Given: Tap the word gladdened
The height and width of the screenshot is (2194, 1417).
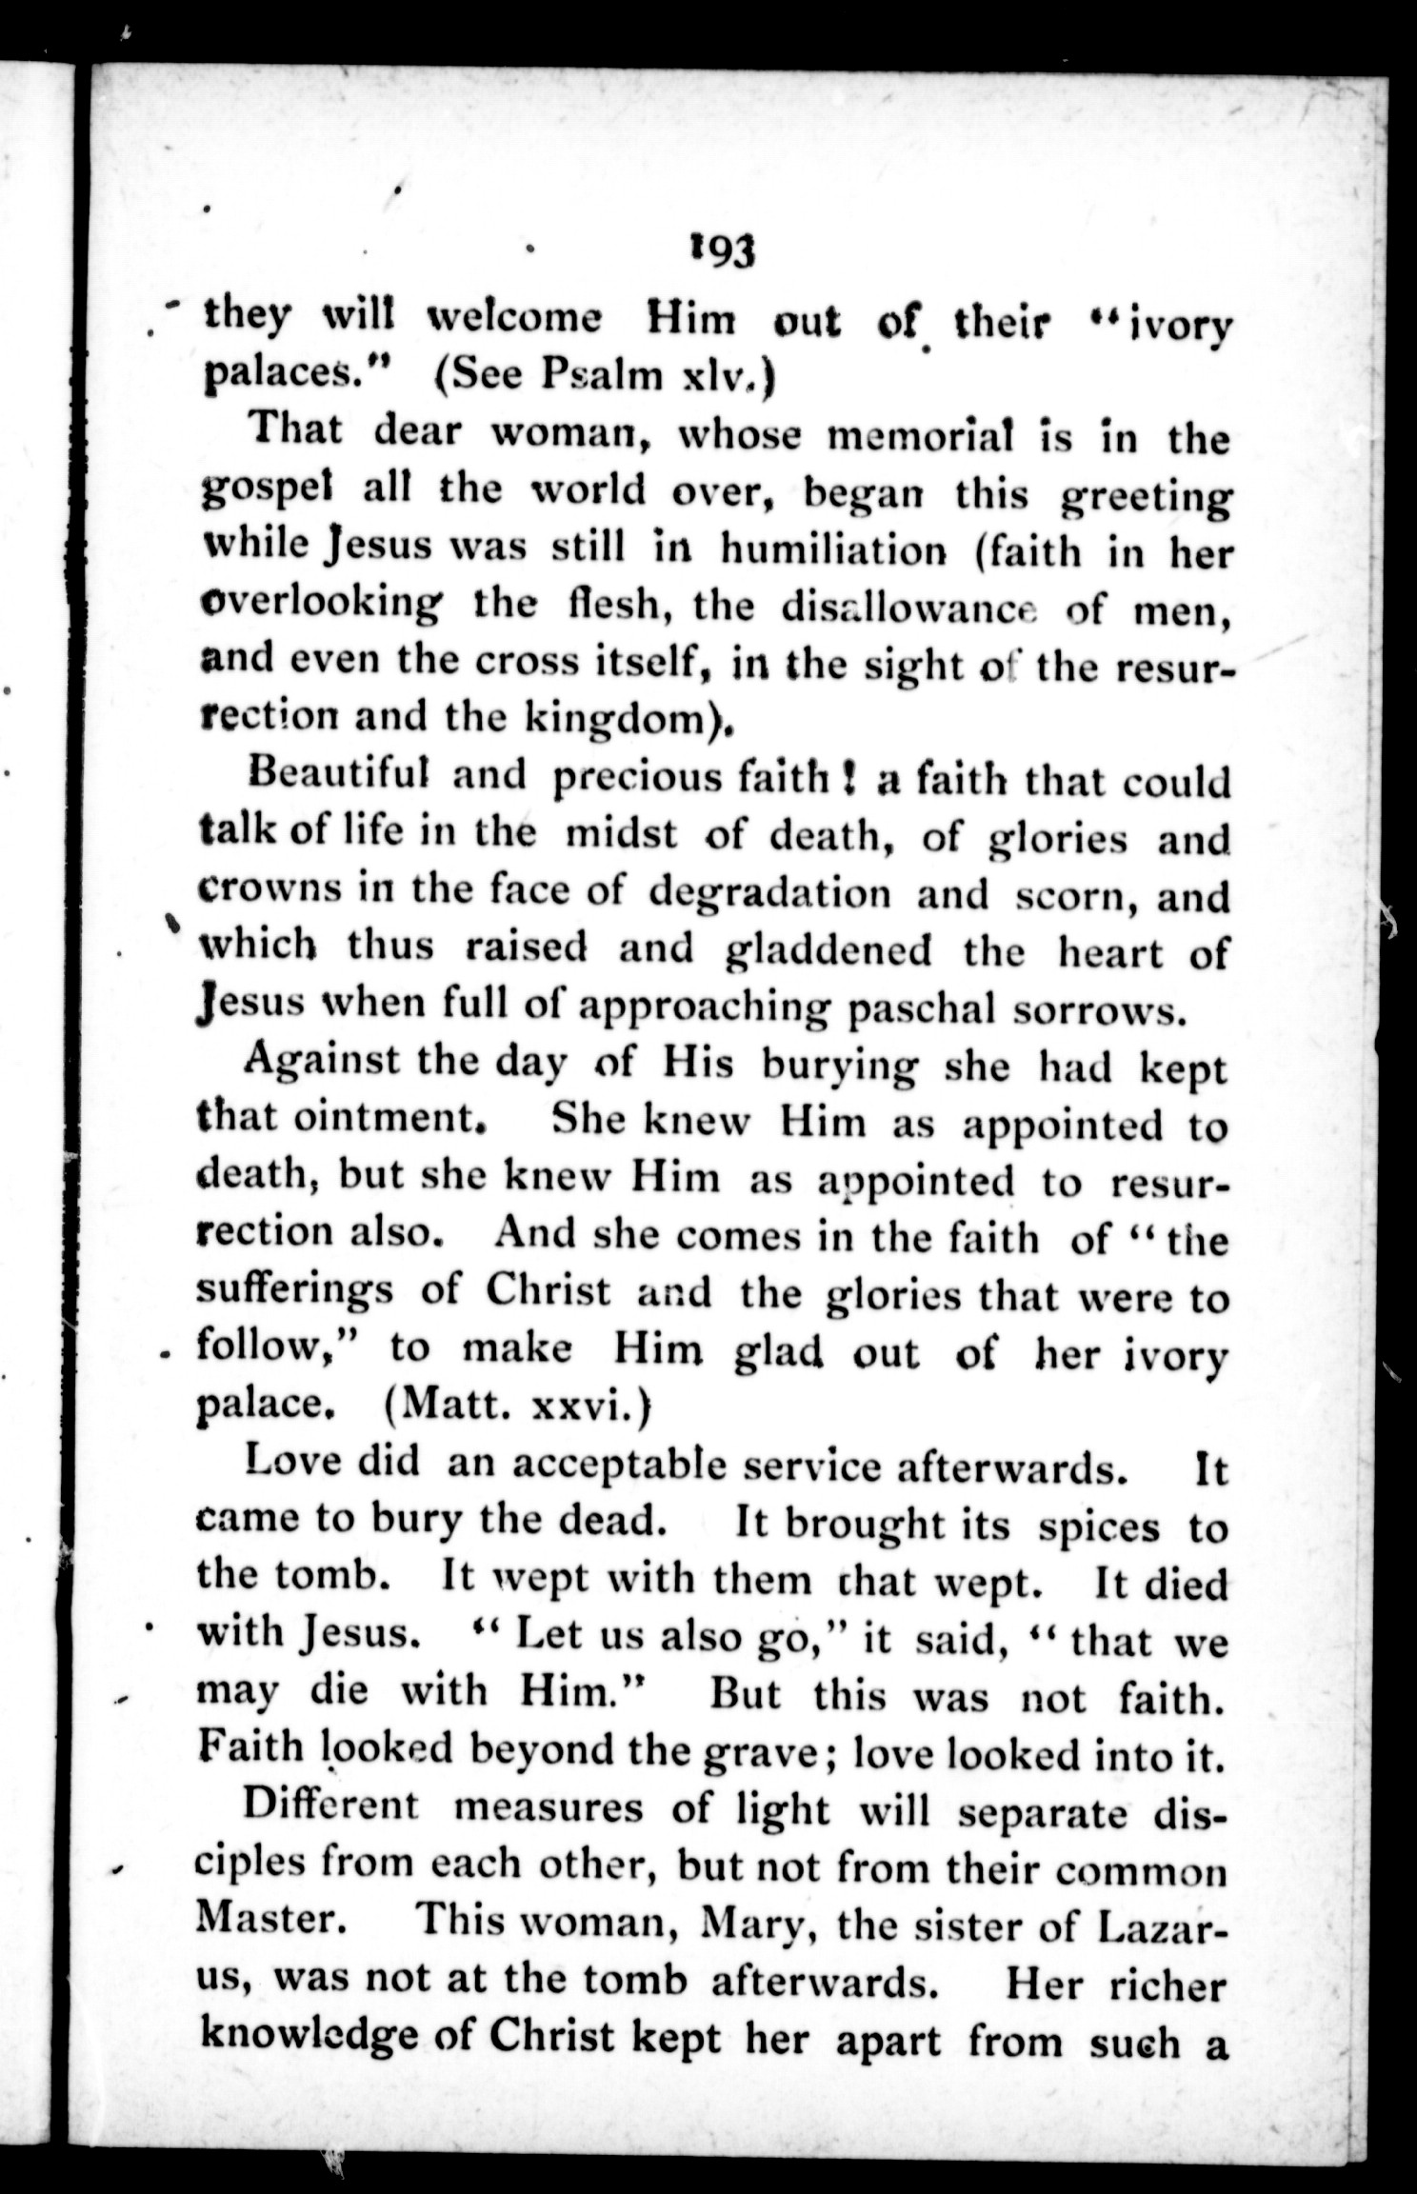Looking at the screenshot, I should (827, 950).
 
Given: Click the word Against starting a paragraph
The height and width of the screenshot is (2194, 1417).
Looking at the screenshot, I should (321, 1063).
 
